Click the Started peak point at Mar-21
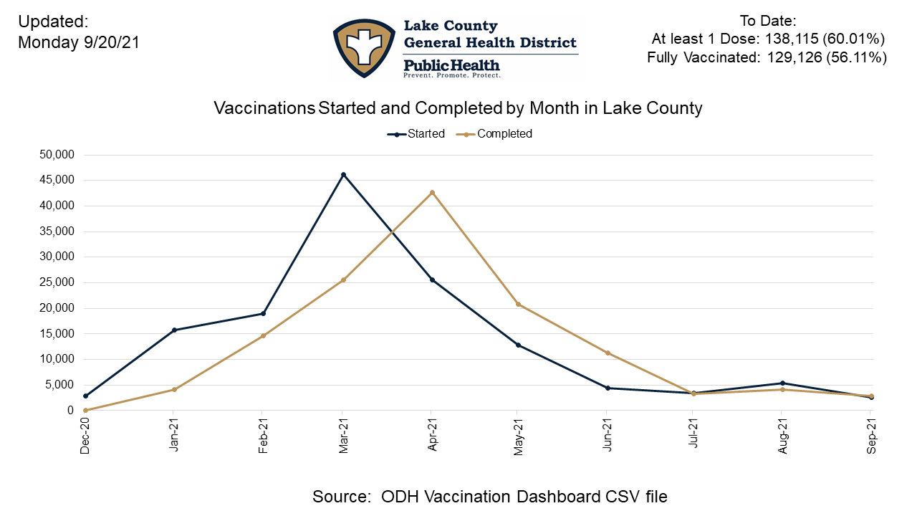[343, 174]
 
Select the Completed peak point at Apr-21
[432, 192]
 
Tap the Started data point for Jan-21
[174, 330]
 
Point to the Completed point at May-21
[518, 304]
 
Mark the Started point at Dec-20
[86, 396]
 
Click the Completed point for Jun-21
[608, 353]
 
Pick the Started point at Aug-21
[782, 383]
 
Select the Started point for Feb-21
[264, 313]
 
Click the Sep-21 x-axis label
[870, 435]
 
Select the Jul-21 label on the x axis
[693, 435]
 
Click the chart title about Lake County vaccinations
[458, 108]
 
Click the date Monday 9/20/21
[78, 43]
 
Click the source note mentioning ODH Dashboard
[490, 496]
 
